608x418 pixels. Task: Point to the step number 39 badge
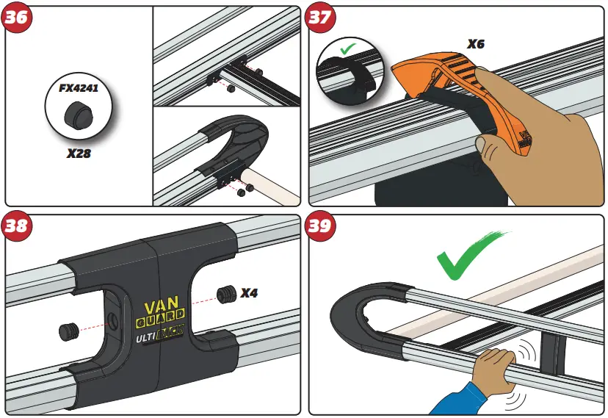point(319,226)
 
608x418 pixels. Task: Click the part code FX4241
point(79,88)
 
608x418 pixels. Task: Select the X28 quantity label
point(79,154)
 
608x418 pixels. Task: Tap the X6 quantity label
point(476,44)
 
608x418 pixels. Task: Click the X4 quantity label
point(250,293)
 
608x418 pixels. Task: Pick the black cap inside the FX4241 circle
point(78,115)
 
